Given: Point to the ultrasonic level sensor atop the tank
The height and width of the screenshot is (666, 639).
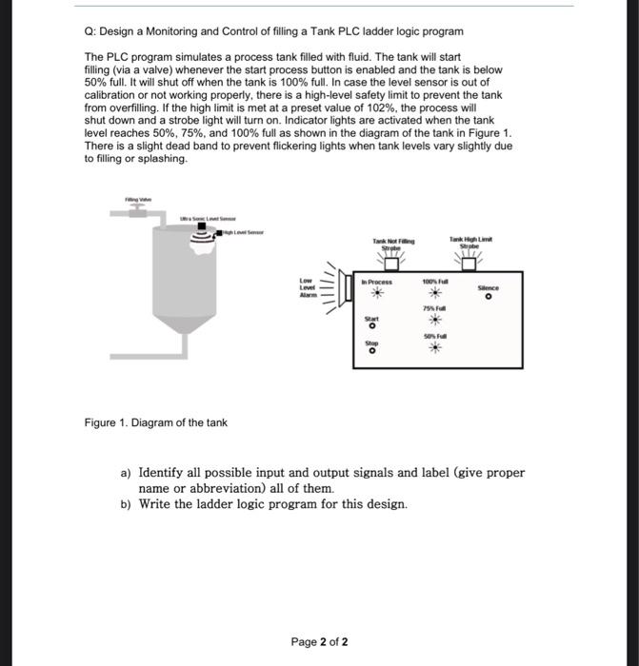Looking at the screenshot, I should pyautogui.click(x=201, y=229).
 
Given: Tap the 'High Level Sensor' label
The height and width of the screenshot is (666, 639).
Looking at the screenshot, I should pyautogui.click(x=245, y=232).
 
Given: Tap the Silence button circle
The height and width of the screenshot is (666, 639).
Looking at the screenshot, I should pyautogui.click(x=487, y=297).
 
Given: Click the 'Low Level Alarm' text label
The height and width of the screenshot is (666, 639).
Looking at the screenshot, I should pyautogui.click(x=306, y=289).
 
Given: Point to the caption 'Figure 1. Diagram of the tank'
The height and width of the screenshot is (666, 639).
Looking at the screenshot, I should pyautogui.click(x=156, y=422).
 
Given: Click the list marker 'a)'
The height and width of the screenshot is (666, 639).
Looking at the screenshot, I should pyautogui.click(x=125, y=473).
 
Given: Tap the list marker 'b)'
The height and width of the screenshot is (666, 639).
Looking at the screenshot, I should pyautogui.click(x=125, y=504).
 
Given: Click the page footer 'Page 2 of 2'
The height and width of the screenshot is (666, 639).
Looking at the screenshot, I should pyautogui.click(x=319, y=642).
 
